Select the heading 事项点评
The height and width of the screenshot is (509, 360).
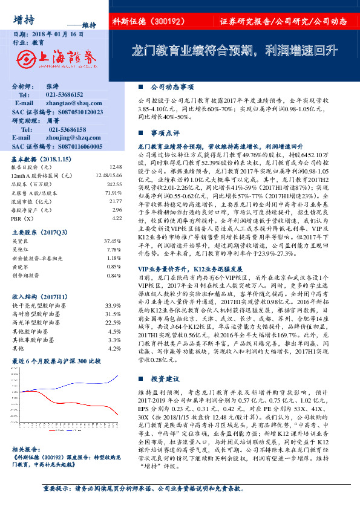[164, 131]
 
